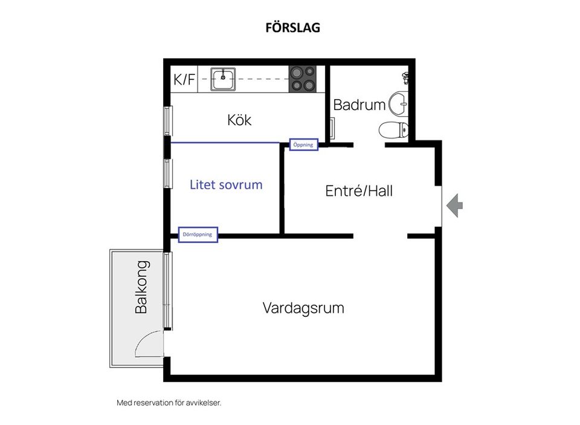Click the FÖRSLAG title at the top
(292, 28)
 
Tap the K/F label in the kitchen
(184, 80)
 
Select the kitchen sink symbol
(222, 79)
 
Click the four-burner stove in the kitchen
(303, 79)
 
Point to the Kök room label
(239, 120)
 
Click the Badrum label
(359, 105)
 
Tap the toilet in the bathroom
(393, 129)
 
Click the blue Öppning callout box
(303, 145)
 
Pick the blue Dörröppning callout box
(198, 235)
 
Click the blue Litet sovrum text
(226, 185)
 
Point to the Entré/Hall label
(359, 191)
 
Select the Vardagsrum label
(303, 308)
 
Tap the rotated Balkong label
(141, 287)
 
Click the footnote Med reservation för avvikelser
(169, 402)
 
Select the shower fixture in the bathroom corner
(406, 77)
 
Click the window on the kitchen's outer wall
(169, 121)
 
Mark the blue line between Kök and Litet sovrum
(225, 143)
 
